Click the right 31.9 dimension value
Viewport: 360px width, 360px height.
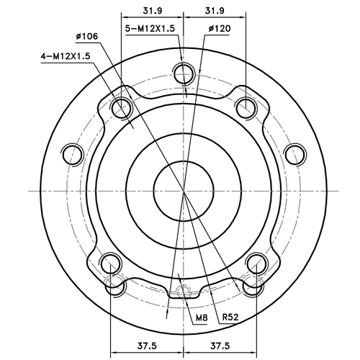(x=213, y=10)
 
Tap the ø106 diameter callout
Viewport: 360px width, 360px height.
(x=86, y=35)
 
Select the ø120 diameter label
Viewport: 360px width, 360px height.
(x=218, y=29)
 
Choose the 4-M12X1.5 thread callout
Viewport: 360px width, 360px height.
(x=66, y=55)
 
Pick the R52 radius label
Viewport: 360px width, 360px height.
(x=230, y=317)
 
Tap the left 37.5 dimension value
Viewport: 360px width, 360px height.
(x=146, y=344)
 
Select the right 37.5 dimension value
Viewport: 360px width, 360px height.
(x=220, y=344)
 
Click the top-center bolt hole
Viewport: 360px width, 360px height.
(x=184, y=73)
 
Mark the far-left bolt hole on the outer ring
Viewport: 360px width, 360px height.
(x=72, y=154)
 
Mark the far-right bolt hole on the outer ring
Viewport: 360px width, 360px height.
(x=294, y=154)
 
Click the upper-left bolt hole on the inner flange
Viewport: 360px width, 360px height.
(x=121, y=108)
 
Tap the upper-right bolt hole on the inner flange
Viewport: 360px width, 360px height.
(x=246, y=108)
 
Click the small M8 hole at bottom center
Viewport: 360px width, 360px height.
(x=184, y=293)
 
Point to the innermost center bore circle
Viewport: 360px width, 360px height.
(x=184, y=190)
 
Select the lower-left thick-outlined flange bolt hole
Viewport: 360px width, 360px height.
(x=110, y=264)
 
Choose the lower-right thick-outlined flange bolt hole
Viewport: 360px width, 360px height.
(x=256, y=264)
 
